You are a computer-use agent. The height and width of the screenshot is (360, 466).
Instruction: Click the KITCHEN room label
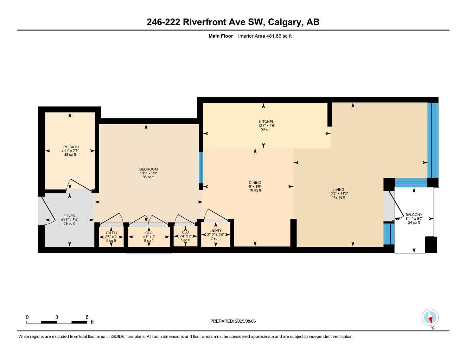pos(266,122)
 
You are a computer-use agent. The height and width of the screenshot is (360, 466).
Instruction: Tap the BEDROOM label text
pos(148,169)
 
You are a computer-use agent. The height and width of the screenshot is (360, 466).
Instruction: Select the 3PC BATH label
pos(70,147)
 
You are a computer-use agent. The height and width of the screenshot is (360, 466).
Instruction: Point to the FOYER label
pos(69,216)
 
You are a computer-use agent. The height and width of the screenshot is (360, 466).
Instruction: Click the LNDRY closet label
pos(215,231)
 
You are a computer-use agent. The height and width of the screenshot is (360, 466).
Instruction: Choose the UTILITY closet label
pos(111,233)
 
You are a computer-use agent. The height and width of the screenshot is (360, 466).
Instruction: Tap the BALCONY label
pos(414,214)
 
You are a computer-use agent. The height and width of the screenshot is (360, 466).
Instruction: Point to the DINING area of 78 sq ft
pos(255,190)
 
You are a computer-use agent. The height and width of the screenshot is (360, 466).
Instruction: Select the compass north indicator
pos(430,318)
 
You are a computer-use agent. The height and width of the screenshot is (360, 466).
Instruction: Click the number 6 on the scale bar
pos(87,317)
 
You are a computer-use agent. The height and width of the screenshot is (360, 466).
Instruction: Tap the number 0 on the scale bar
pos(27,317)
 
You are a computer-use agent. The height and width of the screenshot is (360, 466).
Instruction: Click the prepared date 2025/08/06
pos(243,321)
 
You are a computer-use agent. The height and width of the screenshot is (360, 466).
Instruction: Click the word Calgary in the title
pos(285,22)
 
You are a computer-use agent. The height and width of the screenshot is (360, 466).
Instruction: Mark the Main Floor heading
pos(221,36)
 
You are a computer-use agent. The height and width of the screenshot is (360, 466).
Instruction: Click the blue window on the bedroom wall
pos(201,167)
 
